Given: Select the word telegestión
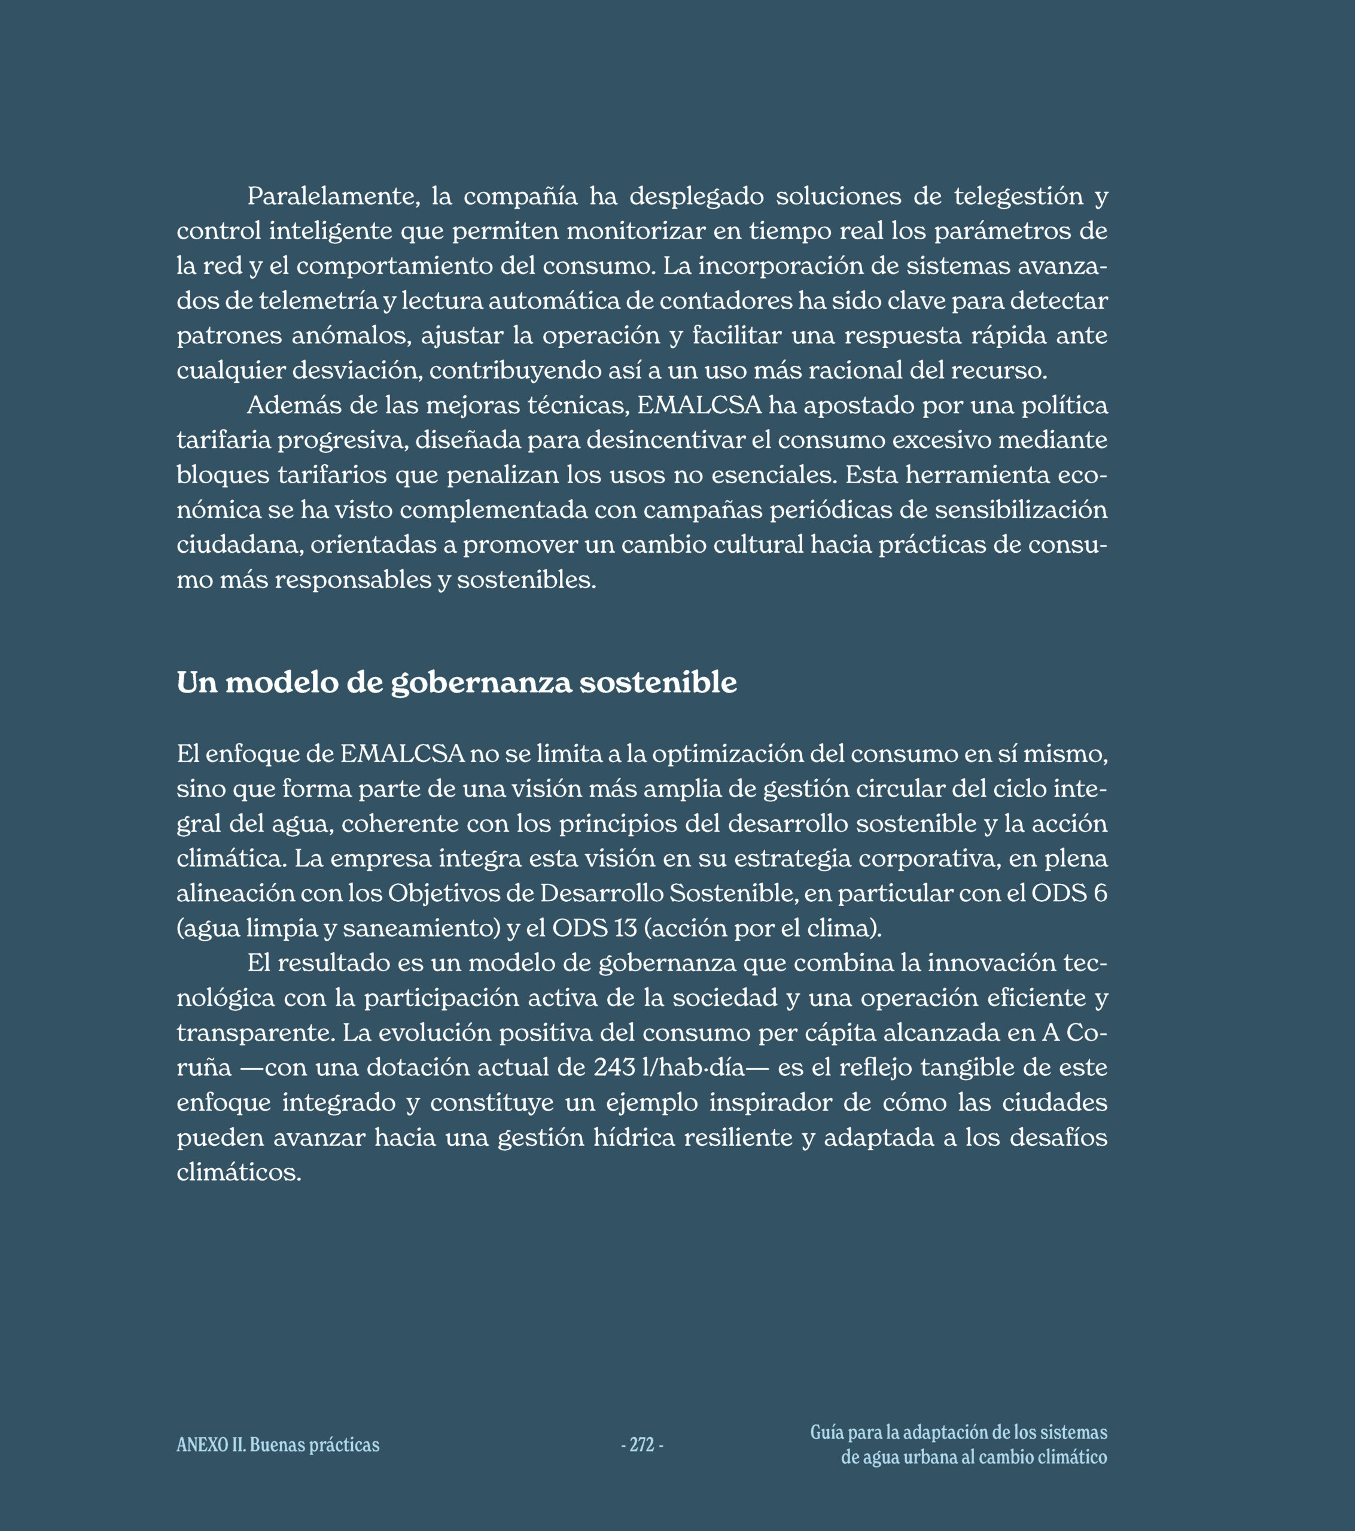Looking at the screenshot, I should click(x=1019, y=196).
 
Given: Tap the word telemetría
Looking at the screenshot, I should click(x=318, y=300).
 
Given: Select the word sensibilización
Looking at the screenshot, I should click(x=1021, y=510).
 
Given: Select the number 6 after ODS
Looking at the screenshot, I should click(x=1100, y=893).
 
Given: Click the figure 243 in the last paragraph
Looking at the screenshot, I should click(x=614, y=1068).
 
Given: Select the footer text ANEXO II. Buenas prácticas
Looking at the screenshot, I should click(x=278, y=1445).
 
